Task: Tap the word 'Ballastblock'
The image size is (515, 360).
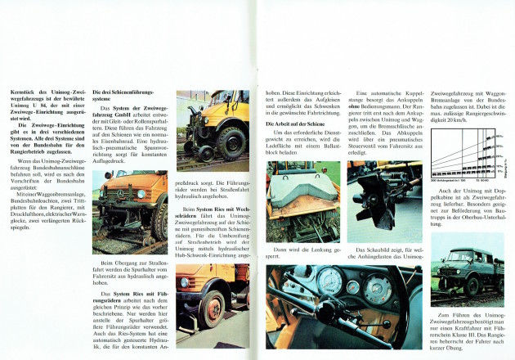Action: [x=282, y=153]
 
